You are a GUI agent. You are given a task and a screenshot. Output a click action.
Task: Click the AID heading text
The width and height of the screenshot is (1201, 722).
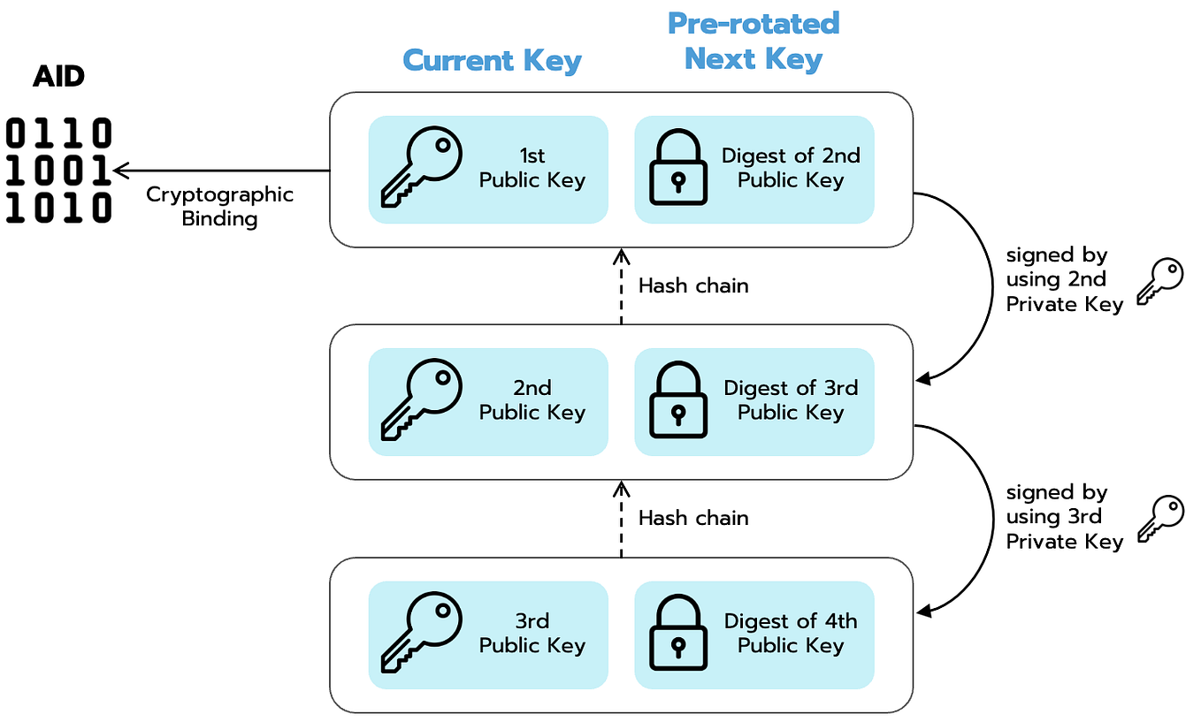(58, 77)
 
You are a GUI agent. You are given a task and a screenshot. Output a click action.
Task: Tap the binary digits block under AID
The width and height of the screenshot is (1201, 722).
(59, 171)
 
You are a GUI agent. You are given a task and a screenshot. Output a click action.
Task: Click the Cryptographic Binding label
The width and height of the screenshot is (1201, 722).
(219, 206)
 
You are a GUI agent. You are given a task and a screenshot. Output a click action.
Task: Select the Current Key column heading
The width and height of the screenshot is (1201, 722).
(492, 61)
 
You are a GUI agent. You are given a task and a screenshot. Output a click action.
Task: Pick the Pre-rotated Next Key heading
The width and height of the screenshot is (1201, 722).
(753, 41)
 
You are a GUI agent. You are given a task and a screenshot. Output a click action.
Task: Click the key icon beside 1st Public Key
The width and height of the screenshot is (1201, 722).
(421, 169)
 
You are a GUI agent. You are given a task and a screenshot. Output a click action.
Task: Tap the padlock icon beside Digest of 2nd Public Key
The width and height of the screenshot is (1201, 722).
(678, 169)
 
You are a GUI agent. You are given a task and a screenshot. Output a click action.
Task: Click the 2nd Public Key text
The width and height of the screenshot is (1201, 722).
(532, 400)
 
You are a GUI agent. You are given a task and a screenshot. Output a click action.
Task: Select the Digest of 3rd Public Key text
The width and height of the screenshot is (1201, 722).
(791, 400)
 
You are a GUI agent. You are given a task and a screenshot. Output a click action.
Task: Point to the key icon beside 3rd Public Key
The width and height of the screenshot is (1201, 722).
(421, 634)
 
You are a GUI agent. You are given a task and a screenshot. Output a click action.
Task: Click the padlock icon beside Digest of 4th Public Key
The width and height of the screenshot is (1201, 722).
(678, 634)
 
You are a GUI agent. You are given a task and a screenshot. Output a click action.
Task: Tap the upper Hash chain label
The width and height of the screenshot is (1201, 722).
(693, 285)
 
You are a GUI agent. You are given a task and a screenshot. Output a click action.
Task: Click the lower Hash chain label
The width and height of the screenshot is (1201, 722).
(693, 518)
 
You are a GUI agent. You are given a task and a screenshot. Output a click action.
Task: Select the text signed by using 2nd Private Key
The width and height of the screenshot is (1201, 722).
(1064, 279)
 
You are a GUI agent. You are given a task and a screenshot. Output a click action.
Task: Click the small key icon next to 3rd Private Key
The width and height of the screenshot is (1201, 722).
(1160, 519)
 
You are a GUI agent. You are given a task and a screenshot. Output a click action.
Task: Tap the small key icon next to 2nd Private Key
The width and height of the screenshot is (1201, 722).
(1160, 281)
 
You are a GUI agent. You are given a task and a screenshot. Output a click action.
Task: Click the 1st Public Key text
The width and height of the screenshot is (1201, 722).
(532, 168)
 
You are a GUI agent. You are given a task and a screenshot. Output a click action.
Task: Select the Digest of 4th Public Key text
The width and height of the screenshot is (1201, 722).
(791, 633)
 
